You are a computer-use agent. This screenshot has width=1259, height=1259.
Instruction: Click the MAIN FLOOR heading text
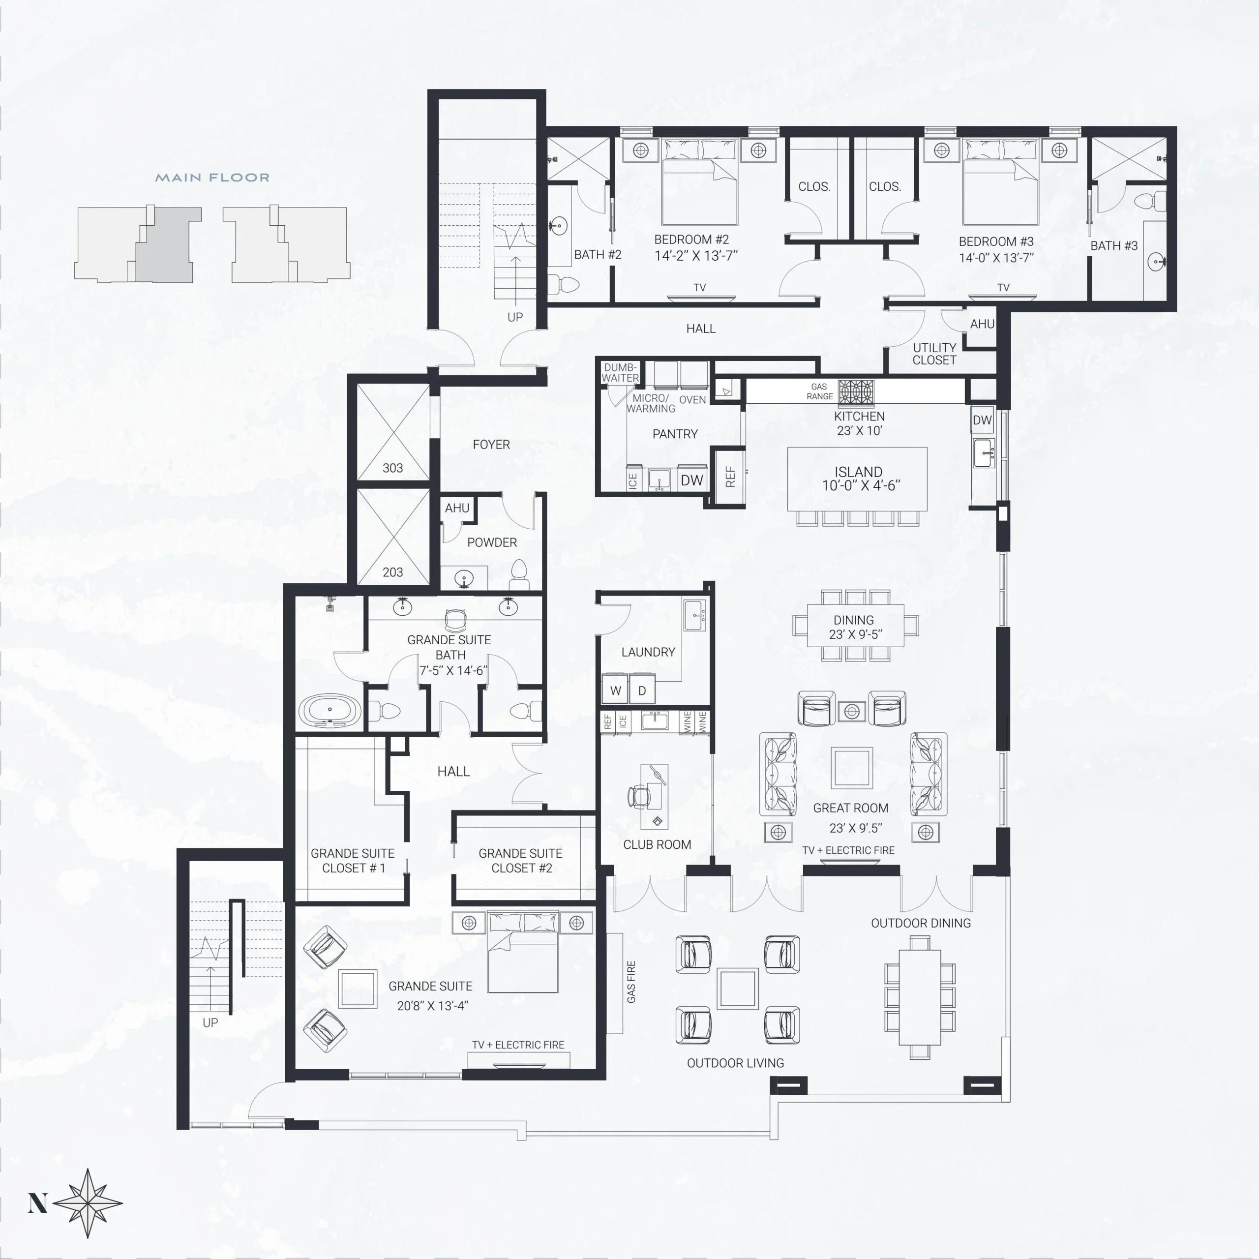click(212, 177)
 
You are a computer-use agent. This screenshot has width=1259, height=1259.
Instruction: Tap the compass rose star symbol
click(88, 1203)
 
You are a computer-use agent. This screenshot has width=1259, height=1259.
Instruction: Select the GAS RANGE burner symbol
click(856, 393)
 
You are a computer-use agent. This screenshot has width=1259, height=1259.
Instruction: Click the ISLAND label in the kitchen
click(858, 472)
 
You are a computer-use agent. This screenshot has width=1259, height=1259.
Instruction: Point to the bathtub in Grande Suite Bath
click(330, 710)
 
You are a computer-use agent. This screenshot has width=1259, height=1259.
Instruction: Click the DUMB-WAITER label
click(620, 372)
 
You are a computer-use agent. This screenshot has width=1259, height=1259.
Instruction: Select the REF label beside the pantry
click(730, 477)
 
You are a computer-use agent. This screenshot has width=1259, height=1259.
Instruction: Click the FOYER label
click(491, 445)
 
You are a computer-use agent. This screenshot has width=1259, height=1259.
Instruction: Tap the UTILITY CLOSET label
click(934, 354)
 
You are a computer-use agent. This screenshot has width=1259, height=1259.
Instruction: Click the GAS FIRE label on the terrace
click(631, 982)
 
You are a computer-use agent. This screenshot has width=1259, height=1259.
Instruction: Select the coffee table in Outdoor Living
click(738, 989)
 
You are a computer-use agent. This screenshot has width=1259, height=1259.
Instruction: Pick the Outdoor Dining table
click(920, 997)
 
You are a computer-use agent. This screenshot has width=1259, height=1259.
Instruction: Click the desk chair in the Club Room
click(638, 796)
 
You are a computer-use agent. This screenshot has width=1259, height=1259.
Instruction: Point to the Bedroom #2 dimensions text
click(696, 255)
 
